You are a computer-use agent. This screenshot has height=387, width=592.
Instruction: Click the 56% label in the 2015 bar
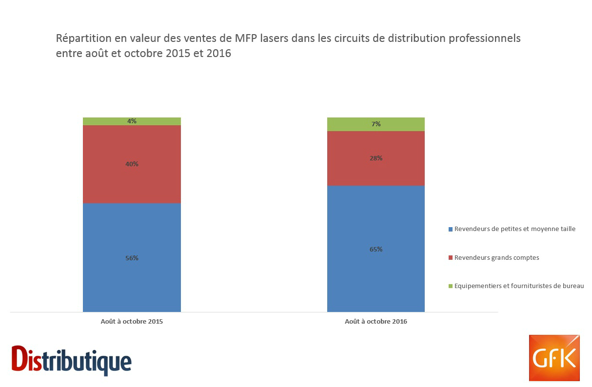(x=132, y=258)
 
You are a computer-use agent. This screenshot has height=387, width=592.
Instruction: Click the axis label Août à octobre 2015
(x=132, y=322)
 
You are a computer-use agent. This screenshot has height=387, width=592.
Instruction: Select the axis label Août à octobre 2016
(x=375, y=322)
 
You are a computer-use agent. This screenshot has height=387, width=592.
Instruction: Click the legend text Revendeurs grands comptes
(x=496, y=257)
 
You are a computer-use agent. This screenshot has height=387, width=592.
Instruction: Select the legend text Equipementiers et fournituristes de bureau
(x=519, y=286)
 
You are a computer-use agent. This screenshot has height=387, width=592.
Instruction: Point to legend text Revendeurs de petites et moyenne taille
(x=514, y=229)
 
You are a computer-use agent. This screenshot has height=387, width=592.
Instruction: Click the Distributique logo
(x=72, y=360)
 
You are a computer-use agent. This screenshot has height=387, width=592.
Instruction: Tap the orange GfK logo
(x=554, y=358)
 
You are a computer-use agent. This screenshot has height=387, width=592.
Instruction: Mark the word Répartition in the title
(x=81, y=38)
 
